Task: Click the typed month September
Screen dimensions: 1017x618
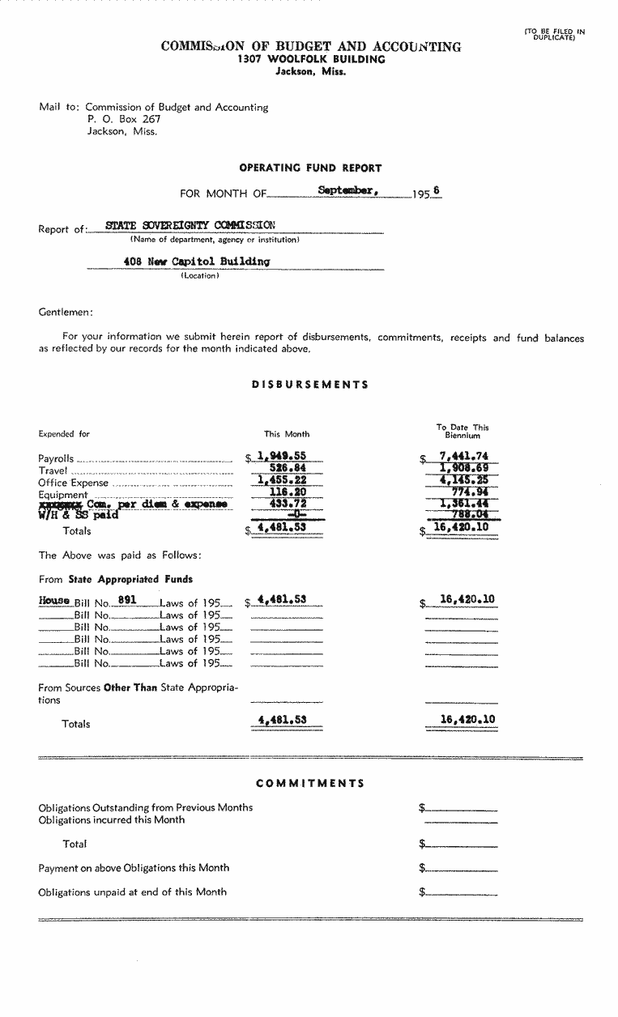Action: [x=347, y=191]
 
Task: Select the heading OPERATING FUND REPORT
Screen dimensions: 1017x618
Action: [x=310, y=168]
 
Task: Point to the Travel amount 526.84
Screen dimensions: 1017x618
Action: [x=287, y=468]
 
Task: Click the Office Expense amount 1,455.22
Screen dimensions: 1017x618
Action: [x=281, y=480]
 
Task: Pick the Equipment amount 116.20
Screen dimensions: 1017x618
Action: [x=287, y=491]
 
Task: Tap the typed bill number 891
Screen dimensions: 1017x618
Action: [x=126, y=601]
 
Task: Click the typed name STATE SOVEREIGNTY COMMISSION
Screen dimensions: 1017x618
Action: [x=190, y=226]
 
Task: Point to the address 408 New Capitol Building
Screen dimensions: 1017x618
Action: [x=197, y=262]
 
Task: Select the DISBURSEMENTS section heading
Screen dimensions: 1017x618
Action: [x=310, y=385]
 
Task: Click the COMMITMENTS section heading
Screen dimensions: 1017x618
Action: [x=310, y=783]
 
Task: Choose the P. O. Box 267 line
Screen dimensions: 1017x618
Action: [x=124, y=119]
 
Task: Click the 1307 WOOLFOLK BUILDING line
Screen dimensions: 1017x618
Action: [x=311, y=59]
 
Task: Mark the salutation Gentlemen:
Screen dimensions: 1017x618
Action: [x=66, y=313]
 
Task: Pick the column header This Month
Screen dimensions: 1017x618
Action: [x=287, y=434]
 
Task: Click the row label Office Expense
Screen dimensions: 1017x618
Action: [x=73, y=483]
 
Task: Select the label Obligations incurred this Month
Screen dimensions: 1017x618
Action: [x=111, y=819]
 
